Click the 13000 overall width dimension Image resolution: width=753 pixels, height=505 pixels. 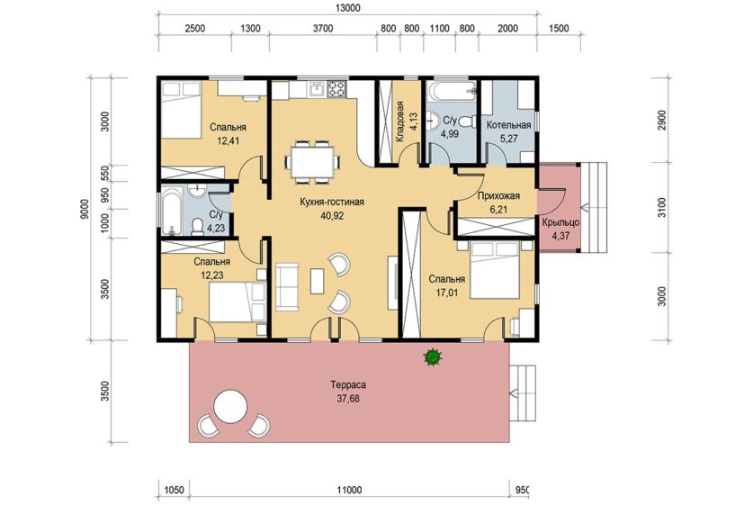pos(346,8)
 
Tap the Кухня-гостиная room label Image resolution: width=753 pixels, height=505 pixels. pos(331,202)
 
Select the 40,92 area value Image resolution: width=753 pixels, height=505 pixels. pos(332,216)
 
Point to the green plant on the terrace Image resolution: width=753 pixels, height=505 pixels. pos(433,357)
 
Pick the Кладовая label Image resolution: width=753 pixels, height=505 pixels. pos(399,122)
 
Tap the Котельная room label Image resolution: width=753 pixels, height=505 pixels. pos(508,125)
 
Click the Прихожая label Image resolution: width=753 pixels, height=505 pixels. pos(498,196)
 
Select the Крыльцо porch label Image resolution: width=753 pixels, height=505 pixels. pos(560,223)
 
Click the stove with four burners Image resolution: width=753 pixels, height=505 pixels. pos(336,89)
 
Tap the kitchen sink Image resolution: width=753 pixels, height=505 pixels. pos(316,89)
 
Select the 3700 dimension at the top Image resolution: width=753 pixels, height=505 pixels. pos(323,28)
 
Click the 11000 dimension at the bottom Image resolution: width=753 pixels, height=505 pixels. pos(349,491)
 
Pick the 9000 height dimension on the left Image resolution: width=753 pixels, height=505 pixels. pos(85,209)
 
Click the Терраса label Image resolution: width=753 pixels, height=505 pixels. pos(348,385)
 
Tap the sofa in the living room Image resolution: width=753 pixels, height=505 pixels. pos(287,286)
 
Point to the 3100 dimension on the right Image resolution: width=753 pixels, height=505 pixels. pos(662,208)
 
